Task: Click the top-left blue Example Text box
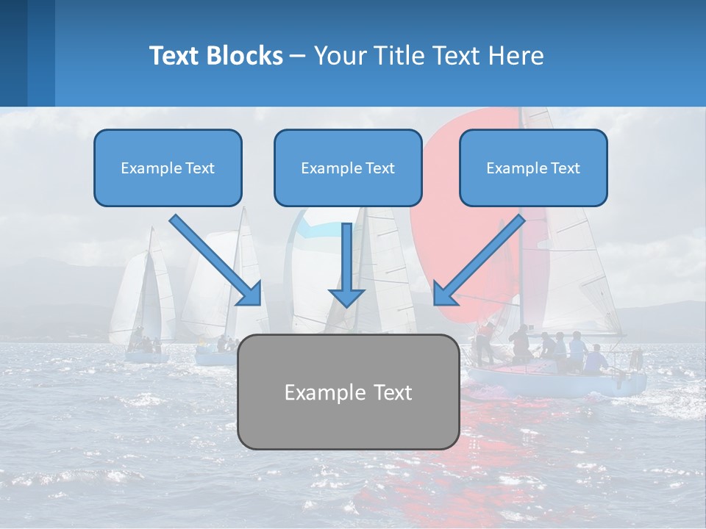pyautogui.click(x=168, y=168)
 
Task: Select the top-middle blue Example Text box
pyautogui.click(x=348, y=168)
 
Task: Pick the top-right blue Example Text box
pyautogui.click(x=533, y=168)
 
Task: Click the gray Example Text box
pyautogui.click(x=348, y=392)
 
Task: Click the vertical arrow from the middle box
pyautogui.click(x=346, y=257)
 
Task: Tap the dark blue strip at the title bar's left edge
pyautogui.click(x=13, y=53)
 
